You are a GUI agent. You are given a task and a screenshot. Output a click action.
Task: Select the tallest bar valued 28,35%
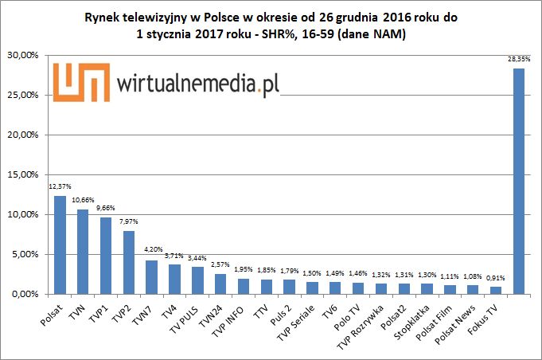518,182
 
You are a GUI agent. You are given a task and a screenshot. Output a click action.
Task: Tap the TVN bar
83,252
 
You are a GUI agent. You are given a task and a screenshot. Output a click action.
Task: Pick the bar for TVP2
128,263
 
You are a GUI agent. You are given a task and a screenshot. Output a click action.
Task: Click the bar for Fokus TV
495,290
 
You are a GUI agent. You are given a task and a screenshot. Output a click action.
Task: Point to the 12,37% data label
60,186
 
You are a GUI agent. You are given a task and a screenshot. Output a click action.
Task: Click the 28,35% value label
518,58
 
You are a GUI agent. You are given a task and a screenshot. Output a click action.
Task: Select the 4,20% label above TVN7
151,250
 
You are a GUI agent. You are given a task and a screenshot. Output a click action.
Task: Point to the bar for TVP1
105,256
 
